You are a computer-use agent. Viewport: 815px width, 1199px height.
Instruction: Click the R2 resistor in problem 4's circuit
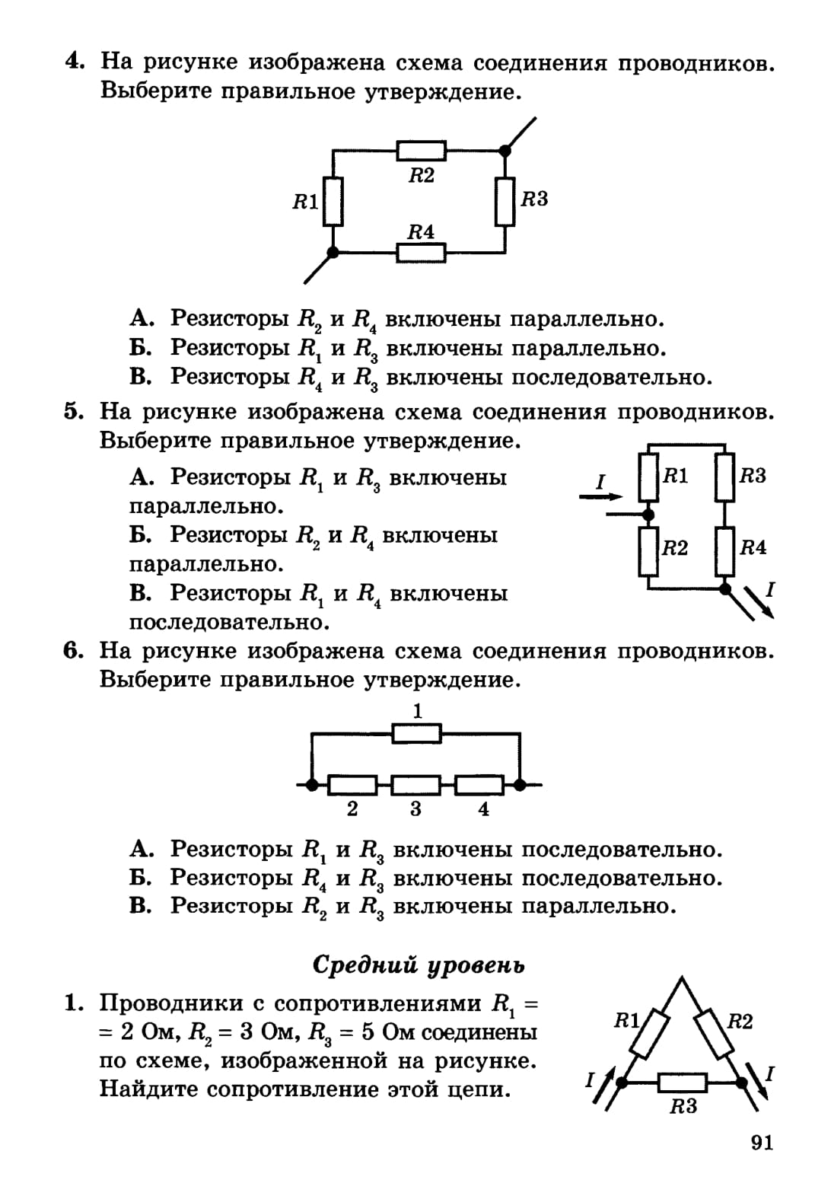tap(421, 151)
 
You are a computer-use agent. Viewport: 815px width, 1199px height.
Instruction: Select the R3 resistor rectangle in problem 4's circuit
tap(505, 201)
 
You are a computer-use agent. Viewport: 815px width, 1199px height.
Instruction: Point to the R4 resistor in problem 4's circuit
tap(421, 251)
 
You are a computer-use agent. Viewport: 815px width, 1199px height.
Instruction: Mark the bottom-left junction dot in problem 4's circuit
tap(333, 252)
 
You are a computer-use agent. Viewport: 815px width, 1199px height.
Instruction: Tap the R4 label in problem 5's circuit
tap(753, 547)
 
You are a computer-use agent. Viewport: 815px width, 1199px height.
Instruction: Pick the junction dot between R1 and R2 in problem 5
tap(648, 515)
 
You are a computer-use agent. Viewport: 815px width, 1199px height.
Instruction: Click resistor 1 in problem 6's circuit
tap(416, 734)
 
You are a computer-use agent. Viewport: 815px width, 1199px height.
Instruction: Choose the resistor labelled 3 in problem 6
tap(416, 784)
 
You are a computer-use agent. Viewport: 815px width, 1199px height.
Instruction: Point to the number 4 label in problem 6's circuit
tap(483, 809)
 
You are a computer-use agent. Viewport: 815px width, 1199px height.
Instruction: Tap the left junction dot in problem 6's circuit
tap(311, 784)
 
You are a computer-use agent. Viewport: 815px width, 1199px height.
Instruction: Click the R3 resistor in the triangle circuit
tap(683, 1082)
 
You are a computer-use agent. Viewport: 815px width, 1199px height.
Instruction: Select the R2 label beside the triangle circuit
tap(739, 1022)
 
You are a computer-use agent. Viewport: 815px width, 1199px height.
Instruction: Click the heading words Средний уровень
tap(419, 965)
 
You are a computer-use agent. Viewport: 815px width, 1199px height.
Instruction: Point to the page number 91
tap(762, 1143)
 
